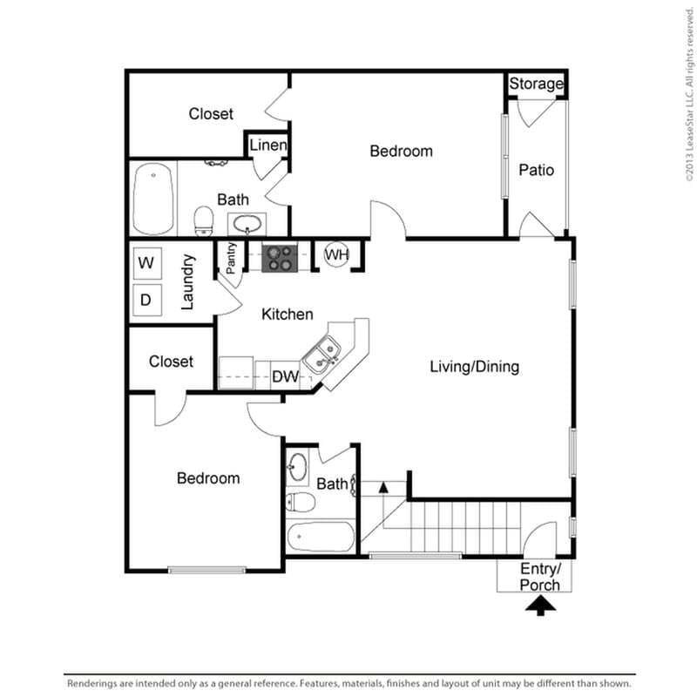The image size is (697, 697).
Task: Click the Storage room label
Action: click(537, 85)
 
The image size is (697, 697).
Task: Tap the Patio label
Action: click(537, 170)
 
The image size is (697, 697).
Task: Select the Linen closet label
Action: click(268, 145)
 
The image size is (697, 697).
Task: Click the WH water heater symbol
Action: click(337, 255)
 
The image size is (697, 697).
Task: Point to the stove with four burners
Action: click(280, 256)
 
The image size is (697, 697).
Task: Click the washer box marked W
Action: click(146, 262)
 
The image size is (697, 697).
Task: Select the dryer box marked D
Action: click(146, 301)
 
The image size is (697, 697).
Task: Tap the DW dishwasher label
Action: click(285, 376)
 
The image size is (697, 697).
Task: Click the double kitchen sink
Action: click(323, 355)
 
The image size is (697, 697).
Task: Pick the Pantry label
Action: click(231, 258)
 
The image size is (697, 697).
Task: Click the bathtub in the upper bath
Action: click(154, 199)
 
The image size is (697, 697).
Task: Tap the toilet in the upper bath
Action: click(204, 220)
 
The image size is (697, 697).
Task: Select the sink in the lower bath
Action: click(297, 467)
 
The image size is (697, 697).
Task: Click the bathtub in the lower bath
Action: click(321, 535)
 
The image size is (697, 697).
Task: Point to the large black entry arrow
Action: click(540, 605)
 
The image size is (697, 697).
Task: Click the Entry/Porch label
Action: click(540, 577)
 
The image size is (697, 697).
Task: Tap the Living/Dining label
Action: click(474, 367)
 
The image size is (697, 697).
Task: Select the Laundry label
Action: click(186, 281)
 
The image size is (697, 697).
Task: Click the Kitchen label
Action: click(288, 315)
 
